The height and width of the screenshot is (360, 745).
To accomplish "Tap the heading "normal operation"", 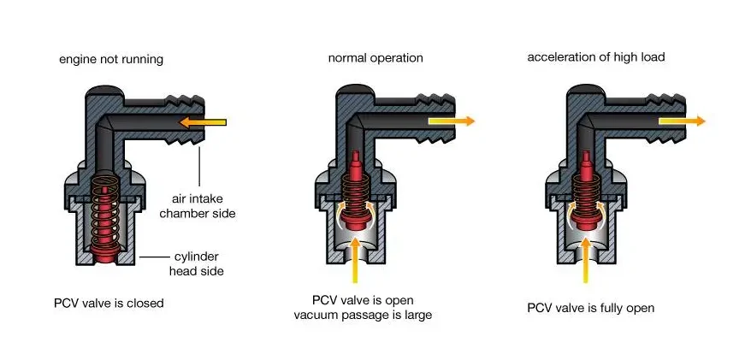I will [x=375, y=58].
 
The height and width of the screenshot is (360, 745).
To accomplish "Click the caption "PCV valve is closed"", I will [x=110, y=303].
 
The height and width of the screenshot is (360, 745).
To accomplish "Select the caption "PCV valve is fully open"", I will [x=591, y=308].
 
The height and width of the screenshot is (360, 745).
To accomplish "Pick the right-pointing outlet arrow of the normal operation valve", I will [x=450, y=121].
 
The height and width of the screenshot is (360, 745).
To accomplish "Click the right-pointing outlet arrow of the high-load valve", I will [x=682, y=121].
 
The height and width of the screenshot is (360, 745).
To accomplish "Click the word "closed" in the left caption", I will [x=145, y=303].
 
